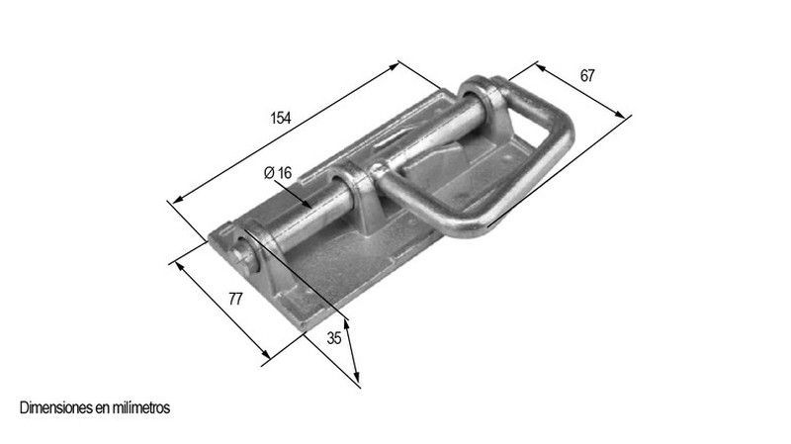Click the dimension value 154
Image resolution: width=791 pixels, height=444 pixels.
click(x=281, y=118)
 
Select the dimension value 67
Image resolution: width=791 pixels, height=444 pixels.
click(x=587, y=76)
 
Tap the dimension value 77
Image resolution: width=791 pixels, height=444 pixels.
click(x=235, y=299)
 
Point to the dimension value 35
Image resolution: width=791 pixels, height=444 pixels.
click(x=334, y=338)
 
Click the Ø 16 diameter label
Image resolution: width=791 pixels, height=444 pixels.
click(x=278, y=172)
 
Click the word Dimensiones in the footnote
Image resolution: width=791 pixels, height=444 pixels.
click(x=55, y=407)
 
